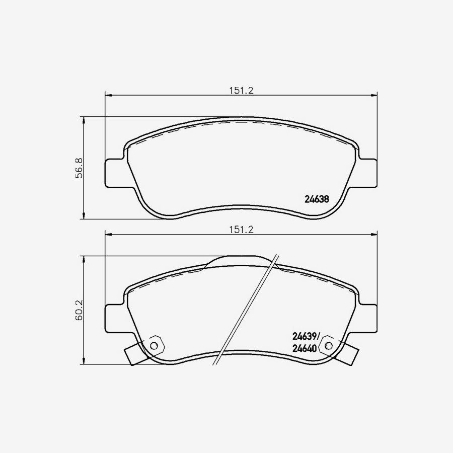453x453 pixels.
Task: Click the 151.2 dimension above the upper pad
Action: pyautogui.click(x=241, y=91)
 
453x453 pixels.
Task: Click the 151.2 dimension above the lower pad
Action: pyautogui.click(x=241, y=230)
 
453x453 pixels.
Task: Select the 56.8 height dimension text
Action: pyautogui.click(x=79, y=168)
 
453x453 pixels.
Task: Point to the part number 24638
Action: pyautogui.click(x=317, y=199)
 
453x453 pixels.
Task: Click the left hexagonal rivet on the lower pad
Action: pyautogui.click(x=154, y=345)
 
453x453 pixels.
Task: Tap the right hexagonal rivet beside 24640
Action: pyautogui.click(x=329, y=345)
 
